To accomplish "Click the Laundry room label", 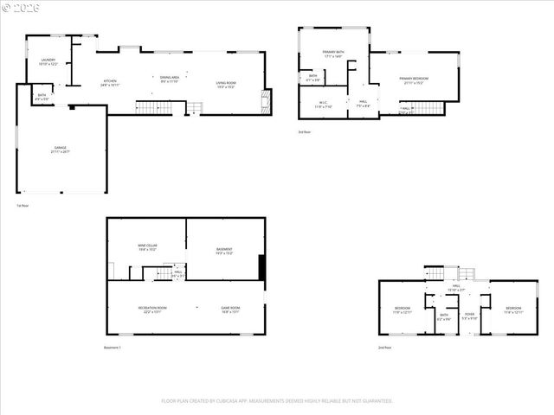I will click(x=48, y=61).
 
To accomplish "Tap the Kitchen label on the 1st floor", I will click(x=109, y=83).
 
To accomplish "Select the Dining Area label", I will click(x=170, y=79).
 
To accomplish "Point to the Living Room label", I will click(x=226, y=85).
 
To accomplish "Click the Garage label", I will click(x=60, y=150).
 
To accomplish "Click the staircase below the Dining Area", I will click(x=151, y=106).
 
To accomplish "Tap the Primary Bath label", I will click(x=333, y=54).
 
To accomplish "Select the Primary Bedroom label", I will click(x=413, y=80).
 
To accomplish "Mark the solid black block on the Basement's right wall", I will click(x=261, y=268).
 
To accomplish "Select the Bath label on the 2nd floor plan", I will click(x=443, y=316).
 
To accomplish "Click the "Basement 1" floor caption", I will click(x=113, y=348).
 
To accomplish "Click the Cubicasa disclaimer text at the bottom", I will click(x=277, y=401).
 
